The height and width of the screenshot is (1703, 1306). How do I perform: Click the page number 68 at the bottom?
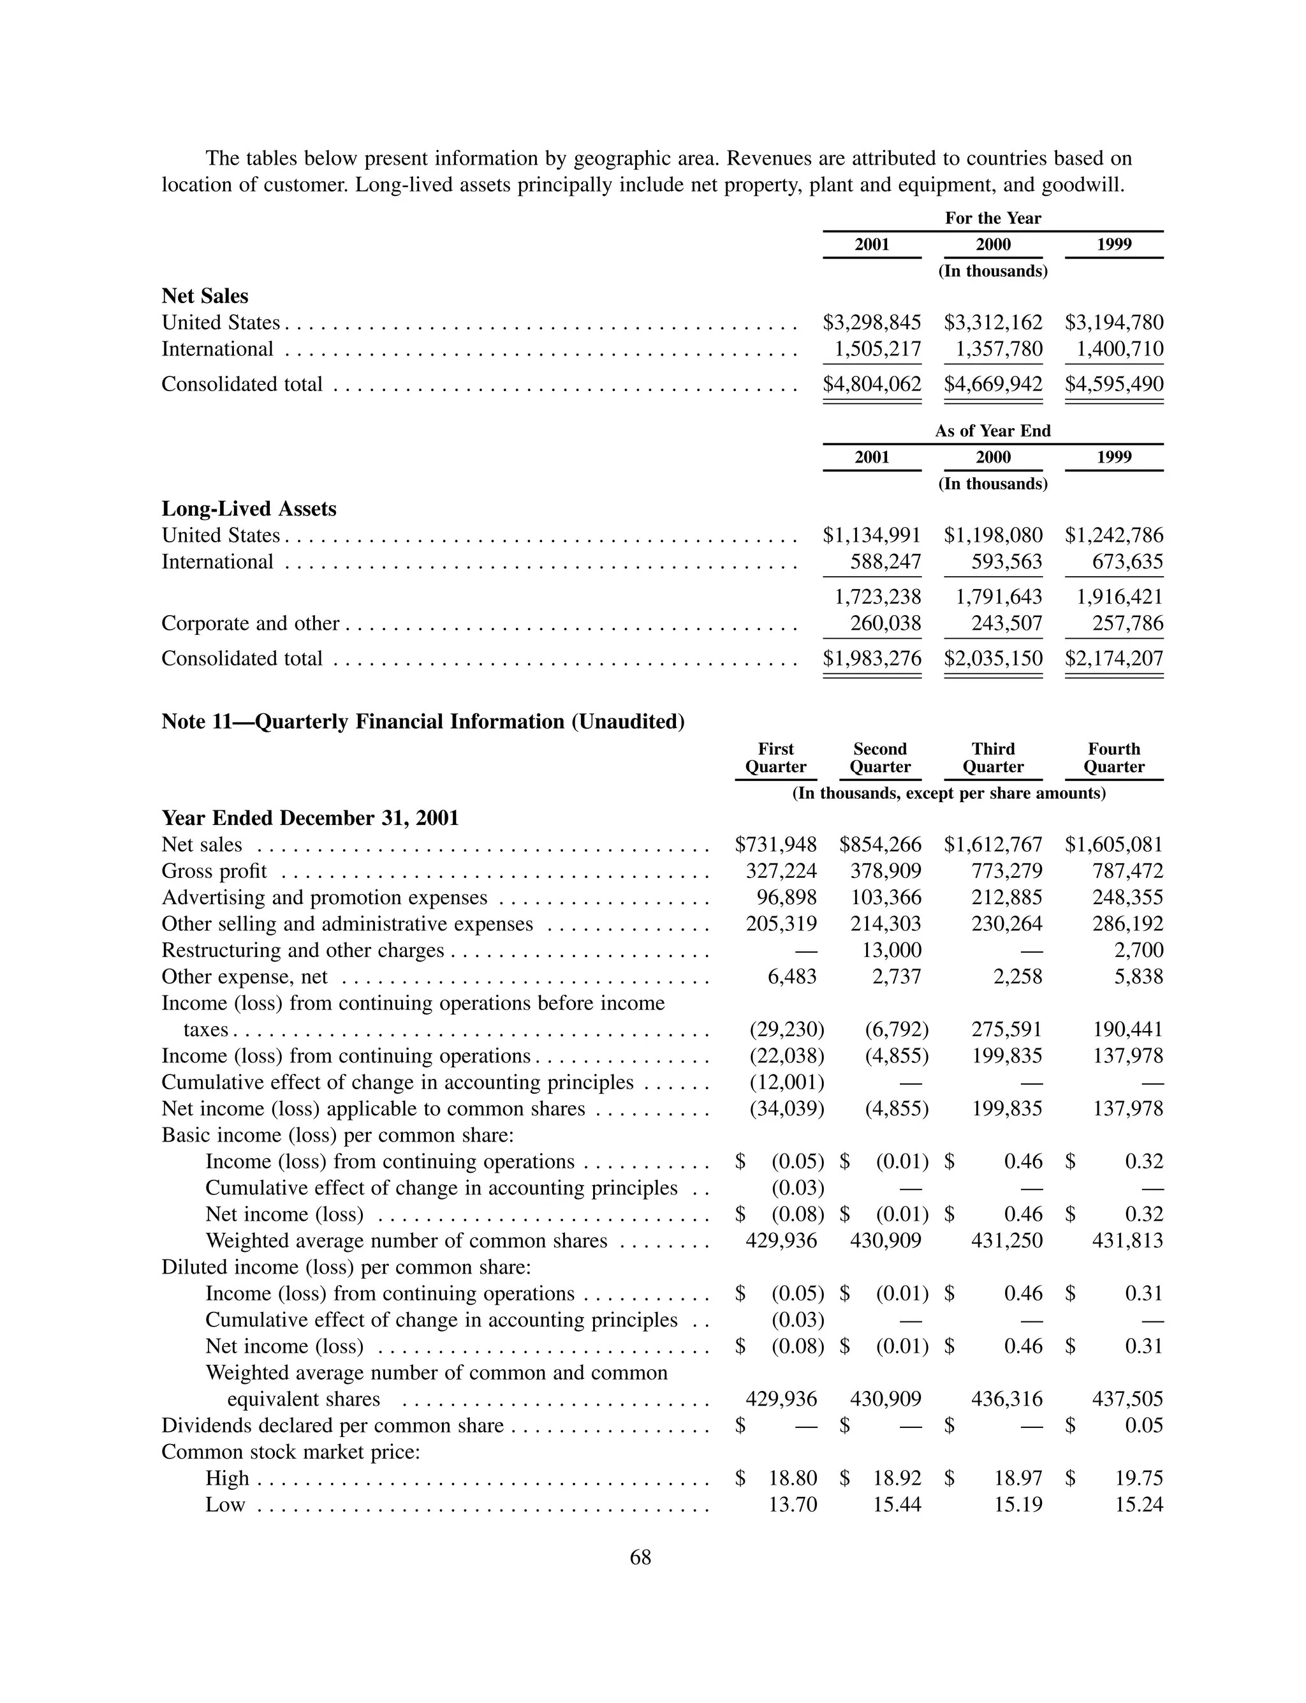(640, 1558)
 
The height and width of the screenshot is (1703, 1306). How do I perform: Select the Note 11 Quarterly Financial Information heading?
(423, 722)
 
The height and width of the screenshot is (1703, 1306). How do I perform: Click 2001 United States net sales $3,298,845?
(872, 323)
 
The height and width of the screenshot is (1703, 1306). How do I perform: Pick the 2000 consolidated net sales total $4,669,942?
(993, 384)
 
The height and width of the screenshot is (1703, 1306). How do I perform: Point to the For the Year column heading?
(993, 218)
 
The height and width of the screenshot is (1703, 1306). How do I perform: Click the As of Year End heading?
(993, 431)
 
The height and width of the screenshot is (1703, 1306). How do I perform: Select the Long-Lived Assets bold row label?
(249, 509)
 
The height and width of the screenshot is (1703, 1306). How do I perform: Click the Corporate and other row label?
(251, 623)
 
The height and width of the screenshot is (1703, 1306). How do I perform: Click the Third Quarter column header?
(993, 758)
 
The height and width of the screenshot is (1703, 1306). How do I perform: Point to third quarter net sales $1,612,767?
(993, 845)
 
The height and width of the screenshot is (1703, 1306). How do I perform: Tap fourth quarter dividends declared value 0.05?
(1143, 1425)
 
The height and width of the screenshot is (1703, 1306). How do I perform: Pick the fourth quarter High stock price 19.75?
(1139, 1478)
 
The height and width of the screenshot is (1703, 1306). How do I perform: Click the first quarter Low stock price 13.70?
(792, 1505)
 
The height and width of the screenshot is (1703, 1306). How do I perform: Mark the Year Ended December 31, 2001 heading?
(310, 818)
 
